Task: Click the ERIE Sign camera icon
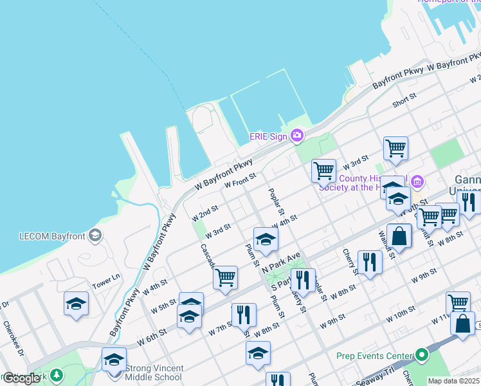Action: click(296, 135)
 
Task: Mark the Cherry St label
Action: click(349, 261)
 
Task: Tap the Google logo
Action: click(21, 378)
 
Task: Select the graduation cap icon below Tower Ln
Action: click(76, 304)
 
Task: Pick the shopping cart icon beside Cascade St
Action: click(225, 277)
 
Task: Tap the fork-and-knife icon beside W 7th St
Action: click(243, 315)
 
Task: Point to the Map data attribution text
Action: click(453, 381)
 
